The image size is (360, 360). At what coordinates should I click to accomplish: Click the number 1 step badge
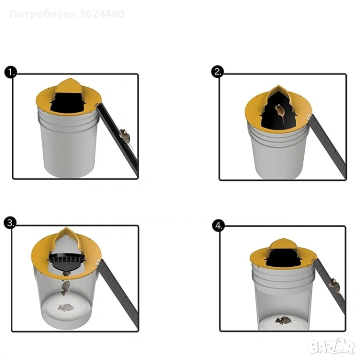(11, 73)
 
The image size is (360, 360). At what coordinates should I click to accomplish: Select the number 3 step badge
(10, 223)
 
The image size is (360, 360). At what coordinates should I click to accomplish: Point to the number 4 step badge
(218, 226)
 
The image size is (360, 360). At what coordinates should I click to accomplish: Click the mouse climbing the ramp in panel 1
(125, 138)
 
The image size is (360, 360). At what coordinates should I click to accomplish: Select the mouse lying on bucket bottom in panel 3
(66, 307)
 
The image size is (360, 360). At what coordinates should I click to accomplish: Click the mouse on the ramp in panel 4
(334, 285)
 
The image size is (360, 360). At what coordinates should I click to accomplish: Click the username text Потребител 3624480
(67, 14)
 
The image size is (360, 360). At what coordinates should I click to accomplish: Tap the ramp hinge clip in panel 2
(309, 117)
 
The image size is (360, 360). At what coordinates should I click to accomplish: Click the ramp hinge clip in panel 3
(98, 262)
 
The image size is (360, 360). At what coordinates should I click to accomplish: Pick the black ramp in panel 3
(119, 295)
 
